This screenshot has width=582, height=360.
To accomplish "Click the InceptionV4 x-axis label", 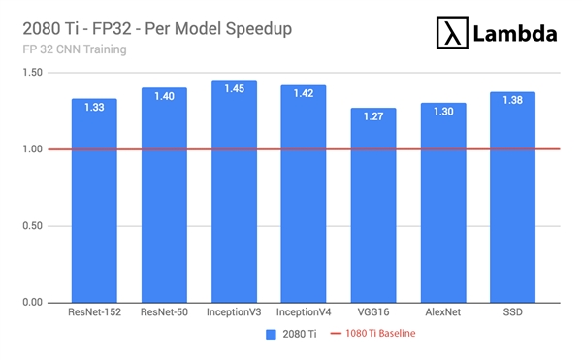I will click(304, 314).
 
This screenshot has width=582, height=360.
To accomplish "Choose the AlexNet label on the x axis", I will click(443, 314).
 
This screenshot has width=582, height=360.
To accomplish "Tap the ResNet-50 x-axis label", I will click(164, 314).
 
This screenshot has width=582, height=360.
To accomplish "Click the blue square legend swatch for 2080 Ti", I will click(272, 336).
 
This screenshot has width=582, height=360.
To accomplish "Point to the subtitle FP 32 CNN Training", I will click(74, 49).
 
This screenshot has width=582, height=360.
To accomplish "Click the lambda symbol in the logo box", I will click(450, 35).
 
